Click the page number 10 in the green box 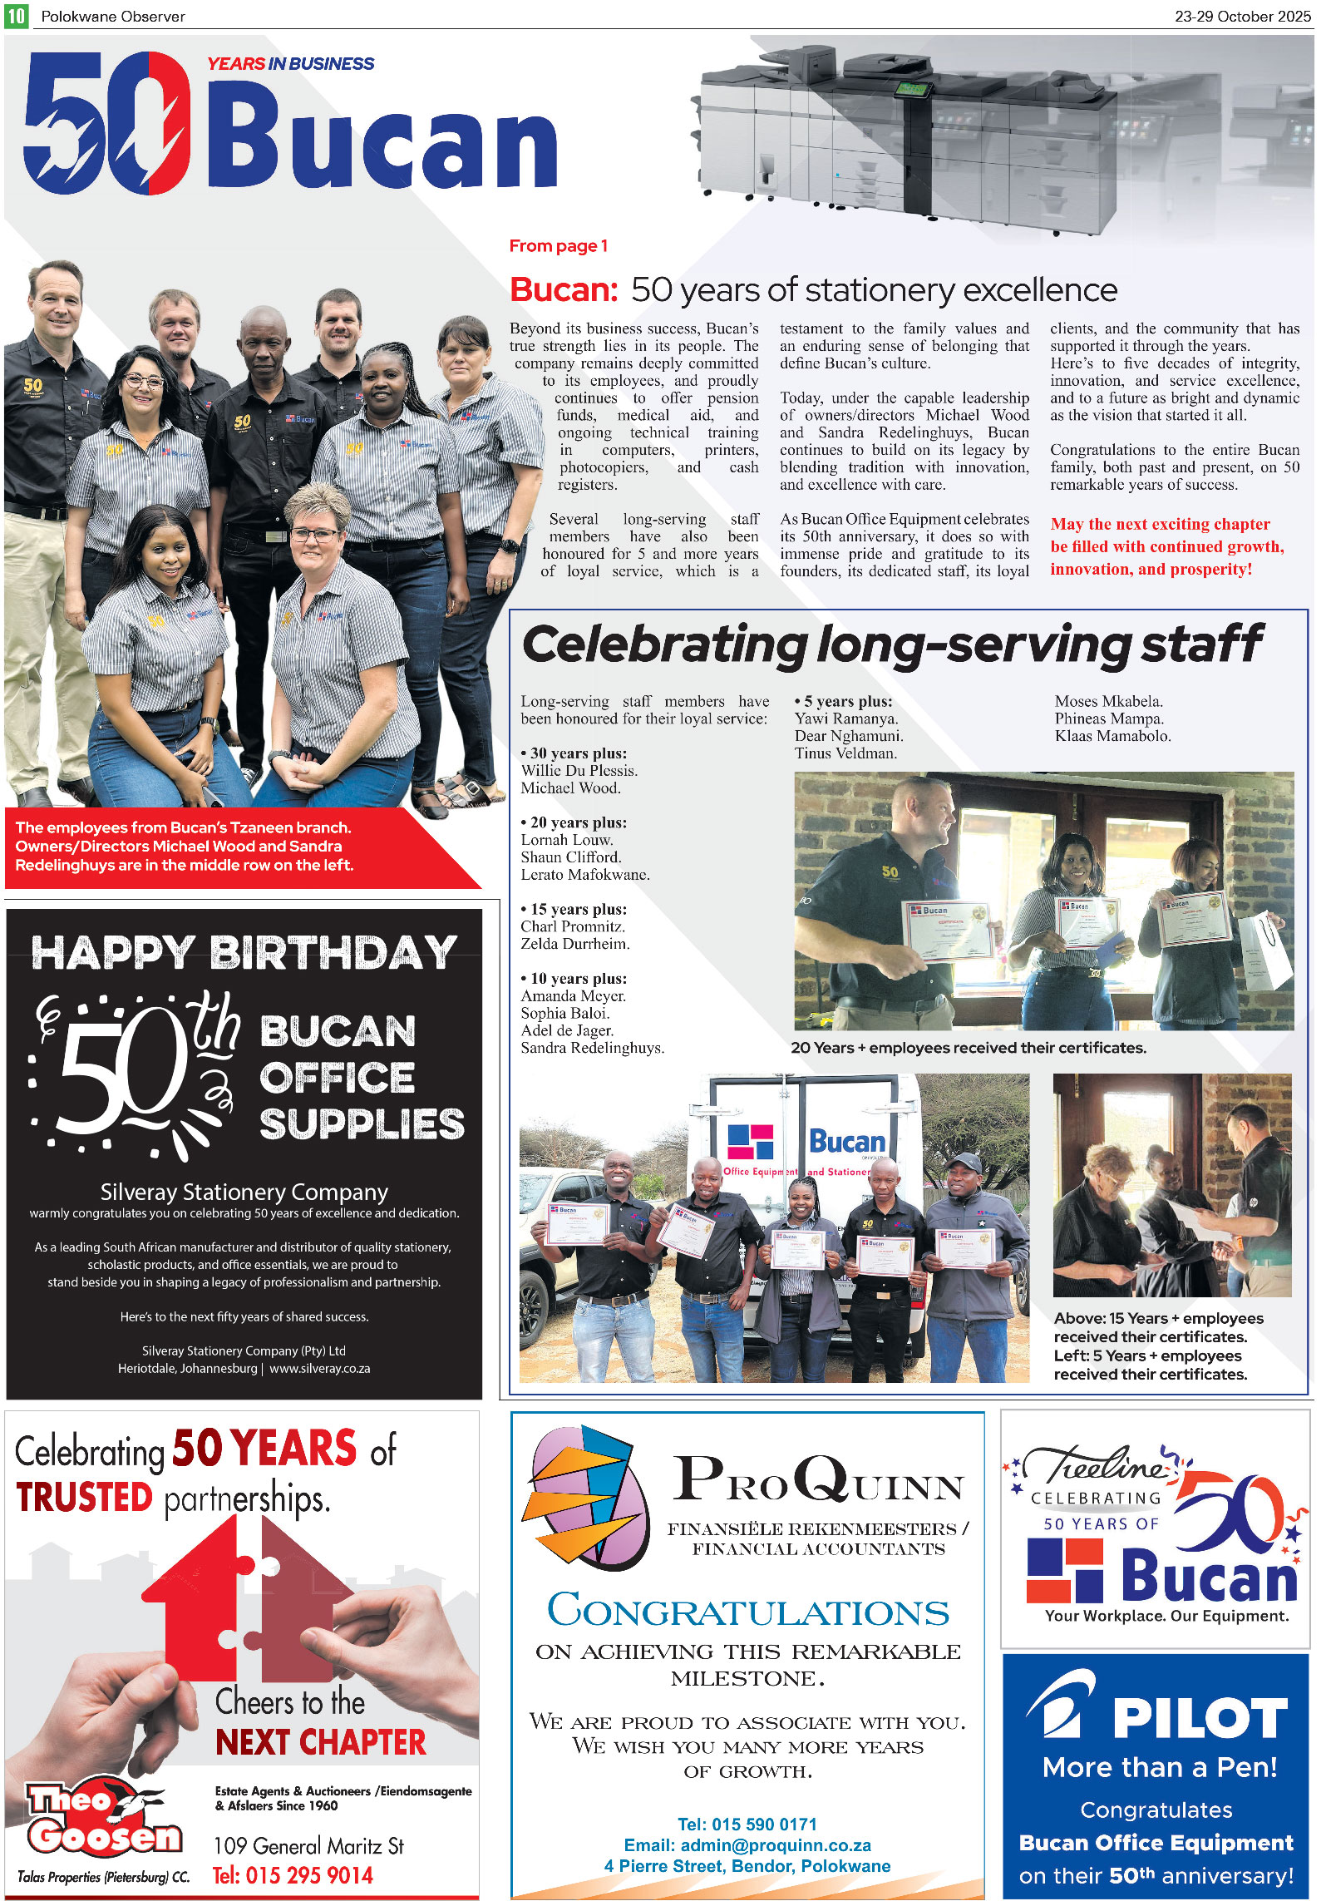[x=16, y=15]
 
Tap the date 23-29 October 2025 [x=1242, y=16]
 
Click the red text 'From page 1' [x=558, y=246]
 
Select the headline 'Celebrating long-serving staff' [x=891, y=644]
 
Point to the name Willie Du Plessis [x=579, y=771]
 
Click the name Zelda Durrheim [x=574, y=944]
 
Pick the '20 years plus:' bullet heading [x=575, y=822]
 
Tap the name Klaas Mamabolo [x=1112, y=736]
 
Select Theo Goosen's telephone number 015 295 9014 [x=293, y=1875]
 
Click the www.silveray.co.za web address [x=320, y=1368]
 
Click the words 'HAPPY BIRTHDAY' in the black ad [x=244, y=953]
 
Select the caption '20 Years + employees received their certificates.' [x=968, y=1048]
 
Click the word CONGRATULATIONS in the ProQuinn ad [x=747, y=1612]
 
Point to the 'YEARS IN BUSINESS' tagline [x=290, y=64]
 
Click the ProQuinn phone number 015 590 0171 [x=747, y=1824]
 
